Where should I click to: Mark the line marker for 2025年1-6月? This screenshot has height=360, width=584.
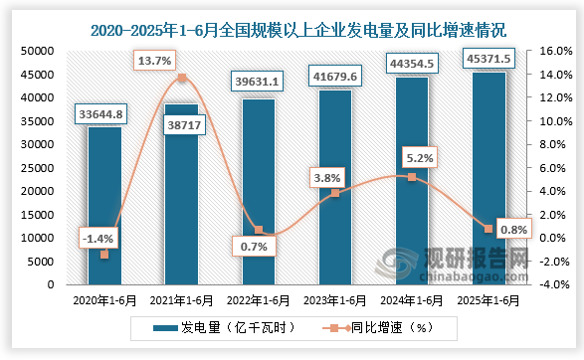[x=487, y=229]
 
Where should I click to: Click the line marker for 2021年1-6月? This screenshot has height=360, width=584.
[x=181, y=78]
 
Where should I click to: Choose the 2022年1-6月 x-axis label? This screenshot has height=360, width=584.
[x=258, y=299]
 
